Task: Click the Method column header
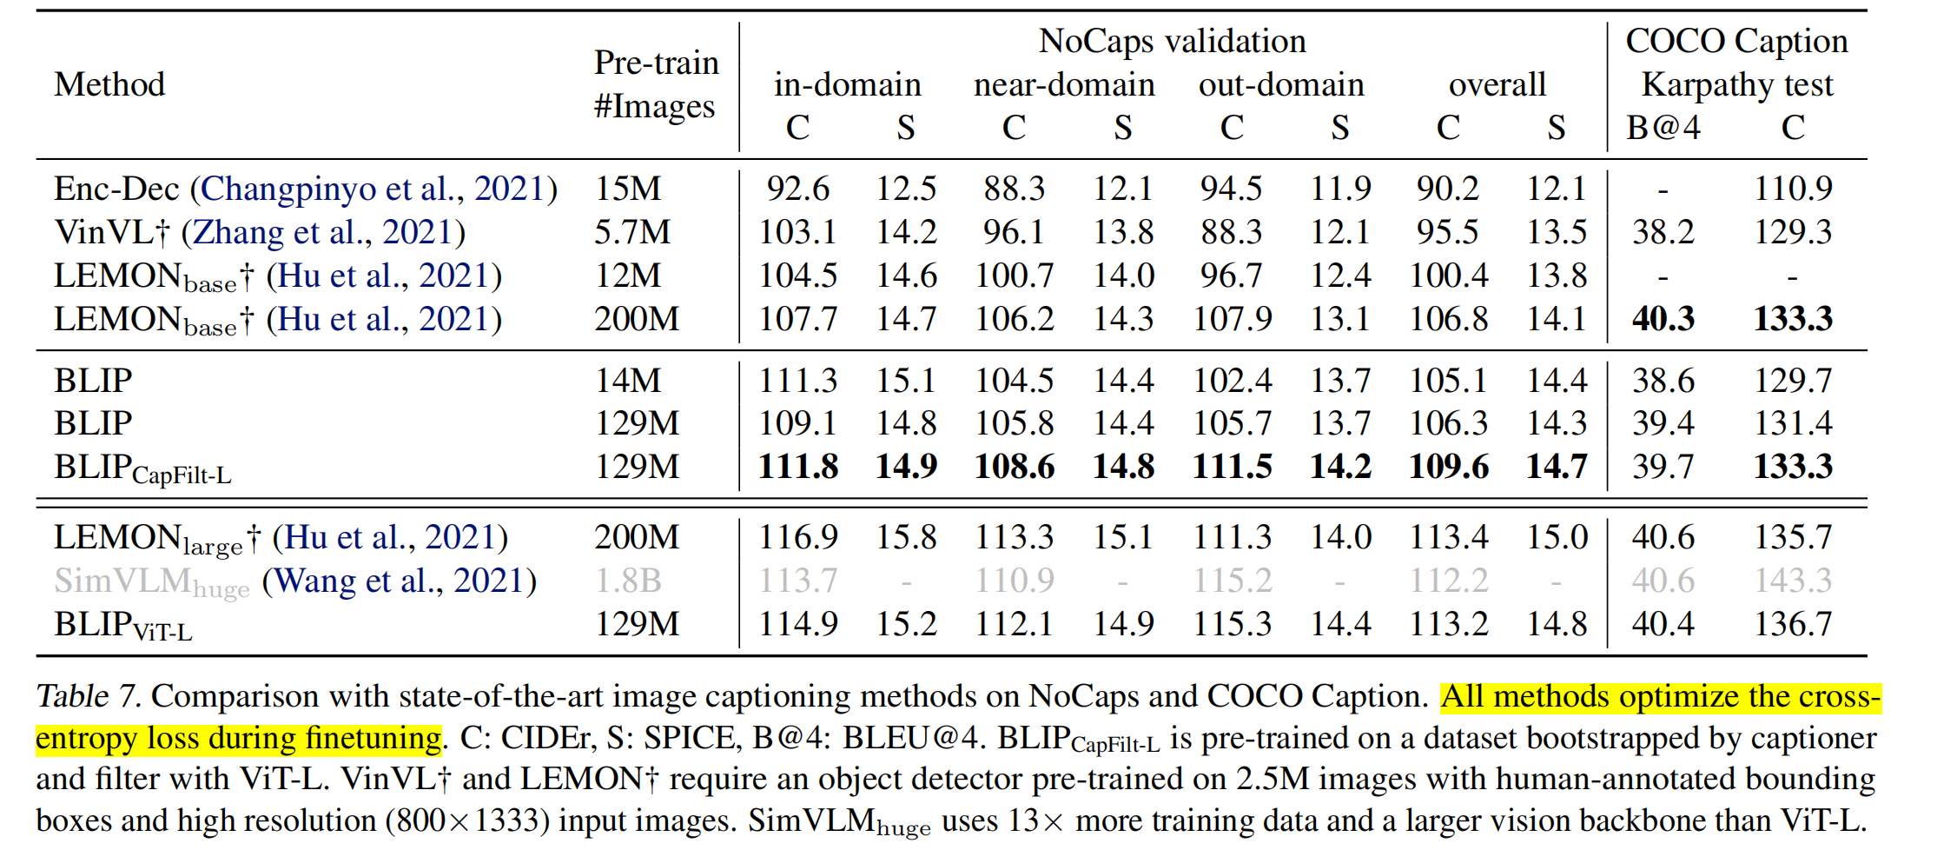pos(109,85)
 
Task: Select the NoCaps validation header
pos(1172,41)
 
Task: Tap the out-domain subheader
pos(1281,85)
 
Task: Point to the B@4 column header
pos(1663,128)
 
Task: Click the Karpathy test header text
pos(1736,85)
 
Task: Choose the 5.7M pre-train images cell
pos(632,232)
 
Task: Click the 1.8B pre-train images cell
pos(628,581)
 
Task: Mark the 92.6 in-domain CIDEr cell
pos(797,189)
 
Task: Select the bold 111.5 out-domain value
pos(1232,467)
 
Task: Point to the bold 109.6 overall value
pos(1448,467)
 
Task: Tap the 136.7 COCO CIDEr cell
pos(1793,624)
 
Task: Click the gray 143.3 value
pos(1793,581)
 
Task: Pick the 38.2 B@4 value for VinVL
pos(1663,232)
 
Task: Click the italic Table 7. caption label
pos(88,696)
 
